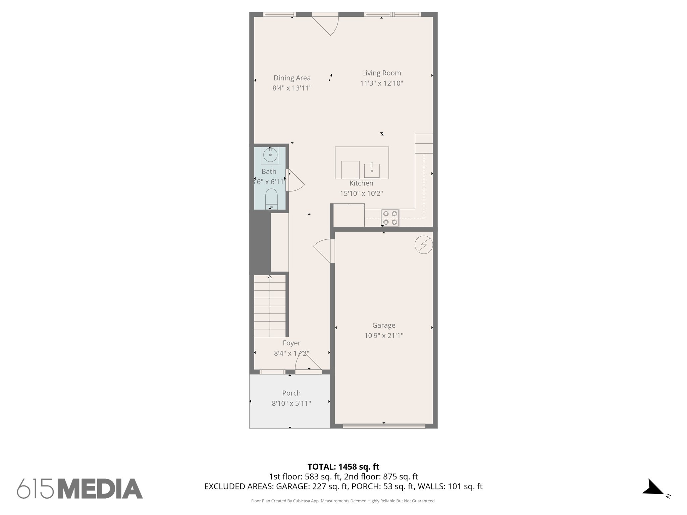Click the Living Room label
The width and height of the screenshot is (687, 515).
(x=381, y=73)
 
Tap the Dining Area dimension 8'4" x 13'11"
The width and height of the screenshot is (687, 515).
(x=292, y=88)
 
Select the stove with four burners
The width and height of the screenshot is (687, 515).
(x=390, y=217)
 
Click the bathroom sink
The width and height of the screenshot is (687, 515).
(x=270, y=155)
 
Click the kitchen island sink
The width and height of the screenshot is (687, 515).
(x=372, y=170)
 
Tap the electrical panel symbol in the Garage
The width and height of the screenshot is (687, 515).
(x=423, y=245)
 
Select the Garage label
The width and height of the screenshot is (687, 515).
(x=384, y=325)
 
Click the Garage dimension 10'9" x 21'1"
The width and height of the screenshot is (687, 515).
(x=384, y=335)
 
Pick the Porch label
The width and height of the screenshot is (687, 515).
(x=291, y=393)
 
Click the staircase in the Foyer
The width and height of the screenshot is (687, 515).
(x=270, y=306)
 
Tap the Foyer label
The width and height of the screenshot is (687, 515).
(x=292, y=343)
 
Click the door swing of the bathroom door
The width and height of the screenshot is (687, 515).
(x=296, y=181)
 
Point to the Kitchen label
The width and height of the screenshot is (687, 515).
(x=361, y=183)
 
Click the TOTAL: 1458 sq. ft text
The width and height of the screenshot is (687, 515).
(x=343, y=467)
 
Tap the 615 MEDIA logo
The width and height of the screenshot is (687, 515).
(x=80, y=489)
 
